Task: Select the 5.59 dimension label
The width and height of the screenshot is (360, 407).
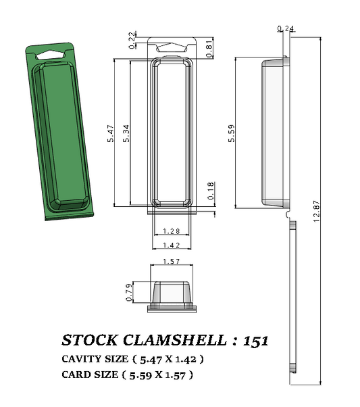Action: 231,134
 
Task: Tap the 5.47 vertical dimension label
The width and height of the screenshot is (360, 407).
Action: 110,134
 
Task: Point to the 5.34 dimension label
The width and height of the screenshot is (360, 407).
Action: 126,134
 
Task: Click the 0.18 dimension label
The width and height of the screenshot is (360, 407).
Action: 210,190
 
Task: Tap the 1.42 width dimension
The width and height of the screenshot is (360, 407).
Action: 172,245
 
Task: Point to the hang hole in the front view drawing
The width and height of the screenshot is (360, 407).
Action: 172,48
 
